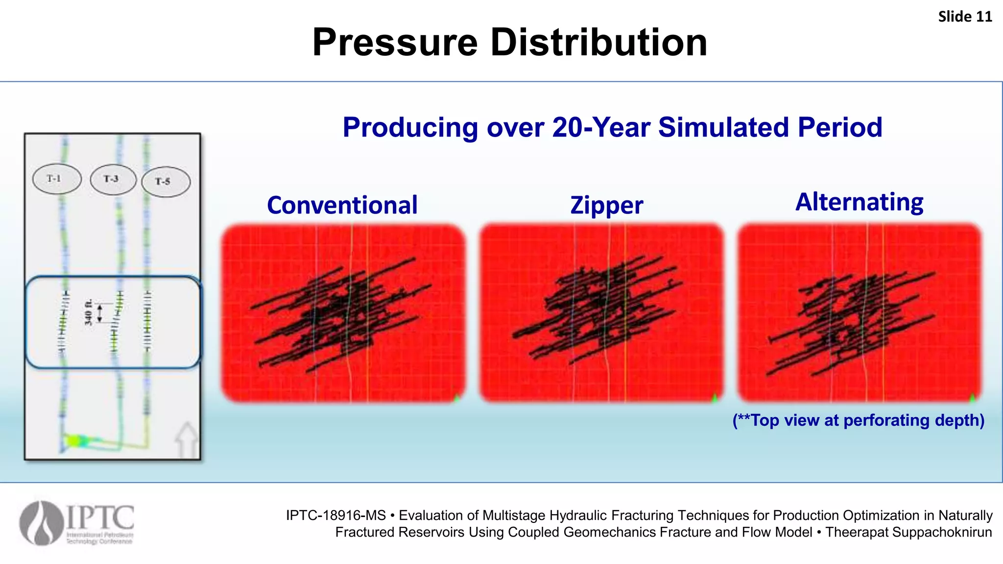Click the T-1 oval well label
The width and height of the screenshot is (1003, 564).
pyautogui.click(x=56, y=179)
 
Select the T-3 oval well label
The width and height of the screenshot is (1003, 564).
pyautogui.click(x=113, y=179)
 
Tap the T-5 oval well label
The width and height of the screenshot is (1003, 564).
pyautogui.click(x=166, y=182)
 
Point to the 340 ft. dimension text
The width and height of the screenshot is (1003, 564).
pyautogui.click(x=88, y=312)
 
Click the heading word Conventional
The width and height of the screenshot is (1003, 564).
pyautogui.click(x=342, y=205)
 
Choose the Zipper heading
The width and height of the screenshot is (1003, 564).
pyautogui.click(x=606, y=206)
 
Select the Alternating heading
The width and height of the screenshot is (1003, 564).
pyautogui.click(x=859, y=202)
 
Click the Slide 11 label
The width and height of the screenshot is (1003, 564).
pyautogui.click(x=964, y=17)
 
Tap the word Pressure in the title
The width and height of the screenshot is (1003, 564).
pyautogui.click(x=395, y=43)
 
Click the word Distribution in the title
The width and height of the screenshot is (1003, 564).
pyautogui.click(x=598, y=43)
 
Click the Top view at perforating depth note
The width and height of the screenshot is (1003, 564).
pyautogui.click(x=858, y=420)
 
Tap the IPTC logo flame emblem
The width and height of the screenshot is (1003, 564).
pyautogui.click(x=42, y=523)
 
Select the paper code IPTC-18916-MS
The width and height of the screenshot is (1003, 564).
pyautogui.click(x=336, y=516)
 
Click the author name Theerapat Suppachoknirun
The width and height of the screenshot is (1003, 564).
pyautogui.click(x=908, y=532)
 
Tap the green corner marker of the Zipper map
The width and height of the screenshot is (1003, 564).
pyautogui.click(x=715, y=398)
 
